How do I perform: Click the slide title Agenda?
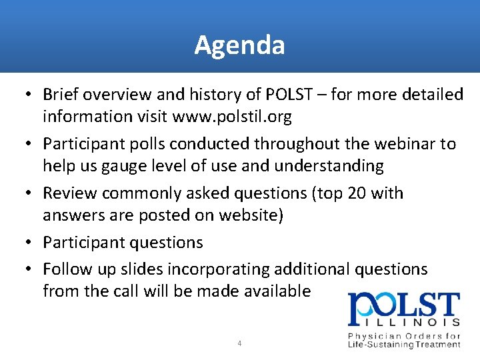click(240, 45)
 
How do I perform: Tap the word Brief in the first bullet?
click(59, 95)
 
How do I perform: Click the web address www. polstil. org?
click(232, 117)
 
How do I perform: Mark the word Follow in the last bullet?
click(65, 269)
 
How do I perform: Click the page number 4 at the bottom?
click(239, 344)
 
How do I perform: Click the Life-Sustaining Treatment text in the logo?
click(404, 344)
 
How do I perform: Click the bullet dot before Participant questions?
click(30, 243)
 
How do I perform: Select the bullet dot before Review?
click(30, 194)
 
